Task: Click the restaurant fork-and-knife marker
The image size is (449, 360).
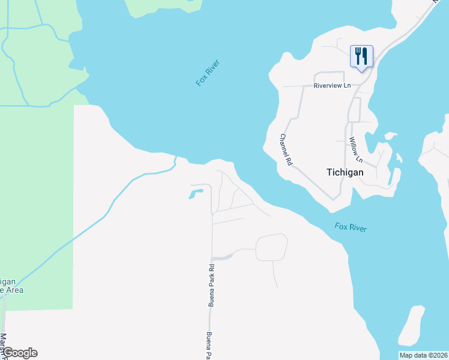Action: [361, 56]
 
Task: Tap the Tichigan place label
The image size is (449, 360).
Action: [345, 172]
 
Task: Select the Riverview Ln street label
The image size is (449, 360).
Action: [332, 86]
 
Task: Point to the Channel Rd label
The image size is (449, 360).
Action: [286, 149]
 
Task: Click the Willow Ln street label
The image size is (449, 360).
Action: [356, 150]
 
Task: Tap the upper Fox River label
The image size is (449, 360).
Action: [208, 73]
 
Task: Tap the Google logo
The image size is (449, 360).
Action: [19, 353]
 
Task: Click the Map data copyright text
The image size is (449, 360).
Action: [423, 355]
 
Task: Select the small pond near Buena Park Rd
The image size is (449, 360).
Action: [196, 194]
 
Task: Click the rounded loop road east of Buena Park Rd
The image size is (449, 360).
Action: [272, 247]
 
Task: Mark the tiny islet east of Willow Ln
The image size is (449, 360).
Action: [400, 159]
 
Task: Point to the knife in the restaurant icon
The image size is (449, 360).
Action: [365, 56]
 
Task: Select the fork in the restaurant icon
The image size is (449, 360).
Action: [358, 56]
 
